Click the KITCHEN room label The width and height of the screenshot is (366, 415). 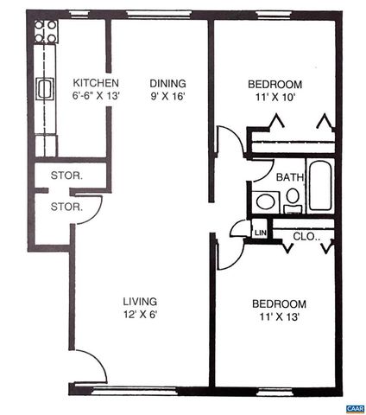pyautogui.click(x=89, y=83)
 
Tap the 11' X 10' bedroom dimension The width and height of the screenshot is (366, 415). pyautogui.click(x=274, y=98)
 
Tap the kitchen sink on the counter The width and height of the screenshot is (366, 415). pyautogui.click(x=45, y=88)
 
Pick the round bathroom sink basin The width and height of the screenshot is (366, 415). pyautogui.click(x=265, y=201)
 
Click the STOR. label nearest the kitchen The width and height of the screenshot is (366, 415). pyautogui.click(x=66, y=176)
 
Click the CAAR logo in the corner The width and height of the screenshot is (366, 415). pyautogui.click(x=353, y=406)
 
